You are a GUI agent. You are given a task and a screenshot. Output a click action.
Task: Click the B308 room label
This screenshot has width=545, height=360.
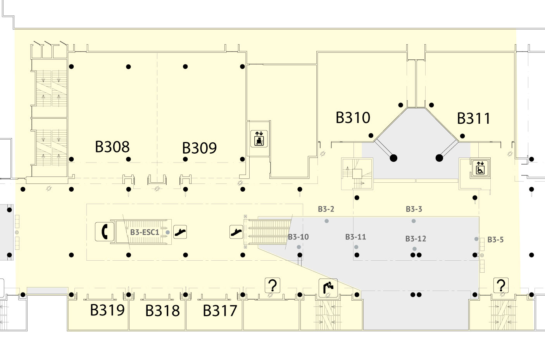coord(112,147)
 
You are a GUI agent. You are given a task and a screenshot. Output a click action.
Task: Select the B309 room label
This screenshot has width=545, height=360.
coord(199,148)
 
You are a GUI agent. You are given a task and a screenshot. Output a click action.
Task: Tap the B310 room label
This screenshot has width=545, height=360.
coord(353,118)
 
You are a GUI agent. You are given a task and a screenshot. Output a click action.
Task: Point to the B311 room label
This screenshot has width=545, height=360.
coord(473,118)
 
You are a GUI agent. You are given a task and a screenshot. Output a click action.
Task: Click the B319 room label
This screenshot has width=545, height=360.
coord(107,310)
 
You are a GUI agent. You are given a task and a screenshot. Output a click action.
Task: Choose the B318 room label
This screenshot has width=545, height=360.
coord(162,310)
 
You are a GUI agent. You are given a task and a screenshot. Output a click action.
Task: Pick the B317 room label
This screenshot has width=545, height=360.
coord(220,310)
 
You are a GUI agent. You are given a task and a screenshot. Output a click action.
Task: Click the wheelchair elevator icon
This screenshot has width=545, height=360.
coord(480,168)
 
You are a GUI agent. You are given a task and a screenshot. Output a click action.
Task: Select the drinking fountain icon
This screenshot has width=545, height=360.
coord(328,288)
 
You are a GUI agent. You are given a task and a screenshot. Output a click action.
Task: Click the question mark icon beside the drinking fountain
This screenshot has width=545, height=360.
coord(273,286)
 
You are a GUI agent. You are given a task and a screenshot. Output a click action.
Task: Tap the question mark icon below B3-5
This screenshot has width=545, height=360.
coord(501,286)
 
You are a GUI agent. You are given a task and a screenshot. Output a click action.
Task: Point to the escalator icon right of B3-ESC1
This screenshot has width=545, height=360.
coord(180,232)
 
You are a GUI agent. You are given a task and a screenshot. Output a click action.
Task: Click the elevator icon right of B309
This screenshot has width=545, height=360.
coord(259,138)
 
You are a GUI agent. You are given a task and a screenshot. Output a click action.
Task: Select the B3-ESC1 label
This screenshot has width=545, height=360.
coord(145,232)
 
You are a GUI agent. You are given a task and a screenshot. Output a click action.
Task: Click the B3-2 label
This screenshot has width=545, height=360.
coord(326,209)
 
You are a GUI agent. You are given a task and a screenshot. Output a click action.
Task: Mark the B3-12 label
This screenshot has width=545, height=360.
coord(416,239)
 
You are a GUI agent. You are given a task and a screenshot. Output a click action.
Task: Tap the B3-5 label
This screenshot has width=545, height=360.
coord(495,240)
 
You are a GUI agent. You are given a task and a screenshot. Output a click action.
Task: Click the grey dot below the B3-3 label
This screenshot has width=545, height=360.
coord(414,221)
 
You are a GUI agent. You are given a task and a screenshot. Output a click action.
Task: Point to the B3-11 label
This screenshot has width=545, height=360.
coord(355,237)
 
